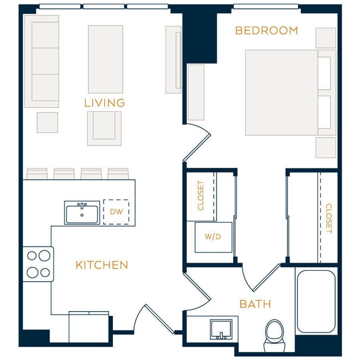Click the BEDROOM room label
coord(266,30)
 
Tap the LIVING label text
coord(104,103)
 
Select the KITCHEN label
coord(101,265)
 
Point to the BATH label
coord(255,304)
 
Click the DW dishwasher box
coord(116,212)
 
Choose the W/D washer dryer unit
coord(213,237)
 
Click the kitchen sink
coord(82,212)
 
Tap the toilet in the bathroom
coord(274,334)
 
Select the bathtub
coord(316,301)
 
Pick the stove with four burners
coord(38,264)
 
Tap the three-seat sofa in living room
coord(42,61)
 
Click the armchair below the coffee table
coord(104,128)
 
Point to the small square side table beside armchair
coord(48,122)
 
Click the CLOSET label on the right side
coord(328,218)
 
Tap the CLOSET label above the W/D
coord(201,196)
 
